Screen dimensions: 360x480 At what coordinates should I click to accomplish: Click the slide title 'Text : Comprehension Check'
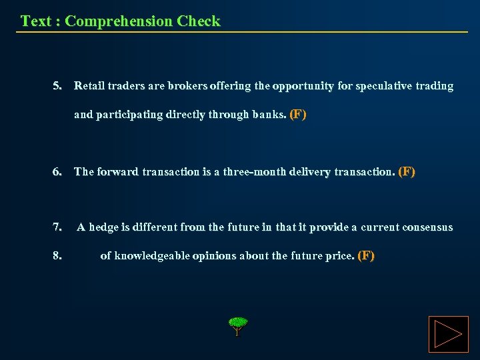tap(120, 21)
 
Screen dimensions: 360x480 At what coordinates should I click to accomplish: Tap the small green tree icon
tap(237, 326)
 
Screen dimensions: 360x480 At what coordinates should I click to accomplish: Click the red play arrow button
tap(448, 334)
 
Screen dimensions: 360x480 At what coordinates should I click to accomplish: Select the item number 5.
tap(58, 86)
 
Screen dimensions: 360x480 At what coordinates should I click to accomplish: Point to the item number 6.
tap(58, 172)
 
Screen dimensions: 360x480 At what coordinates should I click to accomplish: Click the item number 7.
tap(58, 227)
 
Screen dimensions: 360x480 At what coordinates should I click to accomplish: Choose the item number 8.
tap(58, 255)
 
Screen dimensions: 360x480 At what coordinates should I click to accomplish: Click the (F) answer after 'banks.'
tap(298, 115)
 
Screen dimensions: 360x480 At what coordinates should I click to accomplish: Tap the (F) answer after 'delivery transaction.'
tap(406, 172)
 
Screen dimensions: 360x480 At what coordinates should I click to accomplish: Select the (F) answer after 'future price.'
tap(366, 255)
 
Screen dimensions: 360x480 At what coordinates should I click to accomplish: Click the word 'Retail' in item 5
tap(89, 86)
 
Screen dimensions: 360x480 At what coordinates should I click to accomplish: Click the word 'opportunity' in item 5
tap(303, 86)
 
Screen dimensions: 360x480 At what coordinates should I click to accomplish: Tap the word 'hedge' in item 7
tap(103, 227)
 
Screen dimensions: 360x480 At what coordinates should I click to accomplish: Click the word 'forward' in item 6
tap(118, 172)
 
